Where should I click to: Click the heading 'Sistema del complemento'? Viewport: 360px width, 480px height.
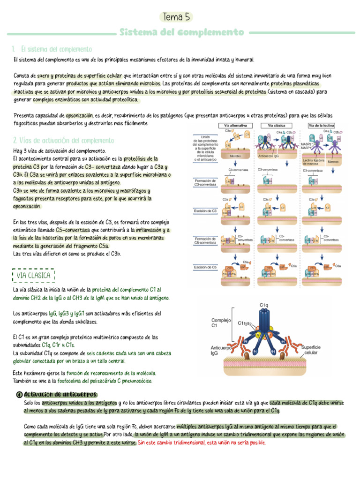(x=182, y=33)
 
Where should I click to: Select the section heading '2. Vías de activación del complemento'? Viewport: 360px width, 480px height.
(x=64, y=140)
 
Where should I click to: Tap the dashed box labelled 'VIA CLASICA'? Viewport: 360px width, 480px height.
(x=33, y=276)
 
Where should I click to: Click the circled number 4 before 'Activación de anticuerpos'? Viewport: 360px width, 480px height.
(x=19, y=394)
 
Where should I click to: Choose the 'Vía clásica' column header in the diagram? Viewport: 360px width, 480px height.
(x=277, y=126)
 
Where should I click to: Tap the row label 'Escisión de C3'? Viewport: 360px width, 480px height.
(x=205, y=211)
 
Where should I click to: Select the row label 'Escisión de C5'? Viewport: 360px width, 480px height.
(x=205, y=267)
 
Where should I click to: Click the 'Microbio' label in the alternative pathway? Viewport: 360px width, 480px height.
(x=235, y=156)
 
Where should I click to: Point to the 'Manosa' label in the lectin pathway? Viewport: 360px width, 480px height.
(x=333, y=162)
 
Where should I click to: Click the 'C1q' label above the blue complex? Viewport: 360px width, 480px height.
(x=264, y=305)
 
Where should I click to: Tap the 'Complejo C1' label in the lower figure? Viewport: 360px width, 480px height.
(x=221, y=322)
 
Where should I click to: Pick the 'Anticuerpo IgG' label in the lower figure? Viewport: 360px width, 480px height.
(x=221, y=350)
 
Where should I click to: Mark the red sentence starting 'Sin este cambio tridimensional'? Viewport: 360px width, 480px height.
(x=202, y=442)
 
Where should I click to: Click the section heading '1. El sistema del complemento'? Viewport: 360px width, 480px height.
(x=52, y=49)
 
